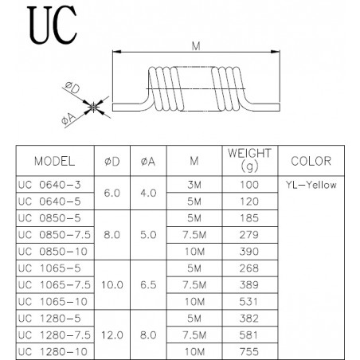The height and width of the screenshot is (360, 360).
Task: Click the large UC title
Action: point(52,25)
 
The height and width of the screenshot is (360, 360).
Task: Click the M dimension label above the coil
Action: point(196,46)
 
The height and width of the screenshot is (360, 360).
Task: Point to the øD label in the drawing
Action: point(72,88)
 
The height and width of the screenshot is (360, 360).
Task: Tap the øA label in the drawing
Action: point(68,119)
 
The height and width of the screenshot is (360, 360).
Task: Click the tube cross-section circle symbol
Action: point(93,107)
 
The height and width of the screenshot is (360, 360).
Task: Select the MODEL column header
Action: point(55,162)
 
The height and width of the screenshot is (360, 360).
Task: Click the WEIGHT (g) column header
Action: point(249,160)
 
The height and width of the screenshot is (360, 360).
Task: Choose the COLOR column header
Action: point(311,161)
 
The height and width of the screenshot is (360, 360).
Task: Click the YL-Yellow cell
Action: point(311,185)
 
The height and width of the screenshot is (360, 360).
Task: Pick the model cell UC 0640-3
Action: point(49,185)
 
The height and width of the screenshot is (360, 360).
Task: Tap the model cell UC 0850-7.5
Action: point(54,235)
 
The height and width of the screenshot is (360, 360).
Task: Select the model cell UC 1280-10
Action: point(53,352)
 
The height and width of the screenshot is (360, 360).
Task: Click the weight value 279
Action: point(249,235)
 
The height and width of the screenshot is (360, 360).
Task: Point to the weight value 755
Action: point(249,352)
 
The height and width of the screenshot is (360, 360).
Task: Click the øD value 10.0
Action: point(112,285)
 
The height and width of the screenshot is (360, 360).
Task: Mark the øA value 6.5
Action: point(148,285)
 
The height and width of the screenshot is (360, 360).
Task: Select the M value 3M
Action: point(194,185)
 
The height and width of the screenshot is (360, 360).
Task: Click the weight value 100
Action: point(249,185)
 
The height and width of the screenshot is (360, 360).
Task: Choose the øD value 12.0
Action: point(112,335)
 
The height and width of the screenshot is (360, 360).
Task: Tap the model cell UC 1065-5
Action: point(49,268)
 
